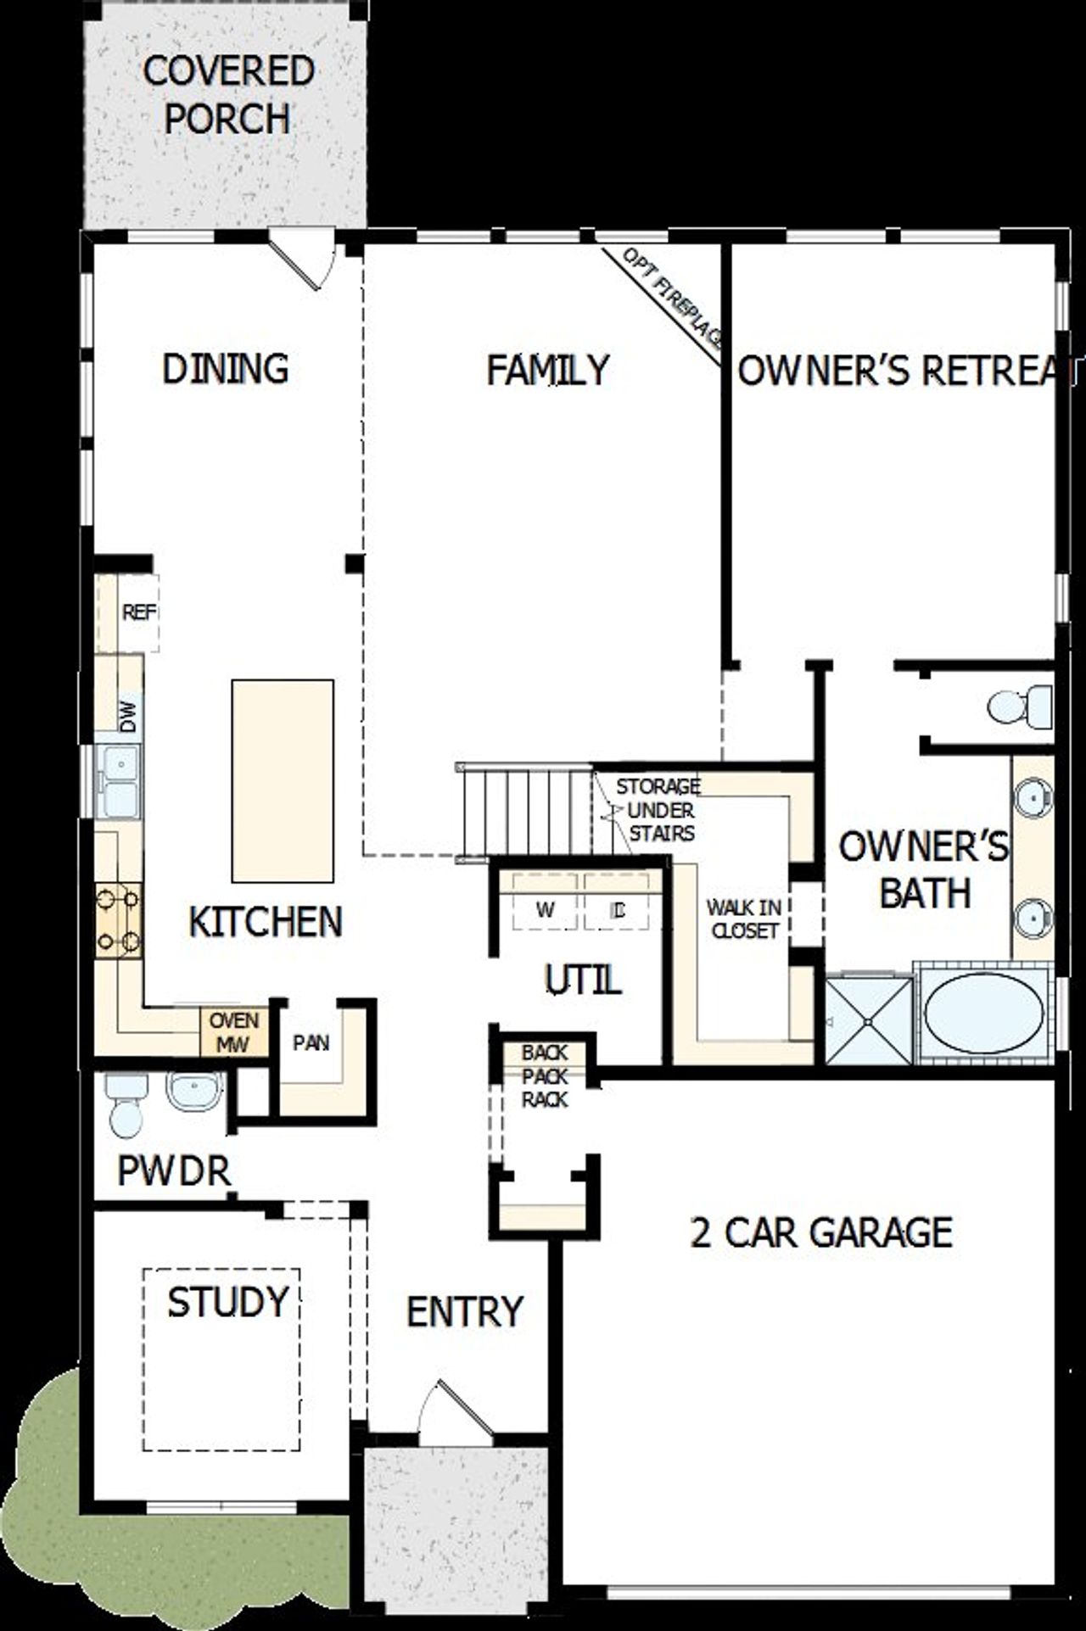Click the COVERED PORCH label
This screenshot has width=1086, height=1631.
point(227,95)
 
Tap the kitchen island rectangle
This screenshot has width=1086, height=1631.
point(283,780)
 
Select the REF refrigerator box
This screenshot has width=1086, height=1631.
point(137,612)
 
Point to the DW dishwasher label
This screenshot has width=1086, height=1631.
point(128,717)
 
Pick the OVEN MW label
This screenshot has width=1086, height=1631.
point(232,1032)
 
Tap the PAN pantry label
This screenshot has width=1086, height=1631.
point(311,1042)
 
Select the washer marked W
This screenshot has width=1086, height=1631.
point(546,910)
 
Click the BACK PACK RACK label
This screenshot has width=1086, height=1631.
point(545,1076)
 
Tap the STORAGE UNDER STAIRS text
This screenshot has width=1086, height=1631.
point(658,810)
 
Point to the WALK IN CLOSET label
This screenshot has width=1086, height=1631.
point(744,919)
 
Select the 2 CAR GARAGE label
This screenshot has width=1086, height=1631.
point(821,1232)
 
